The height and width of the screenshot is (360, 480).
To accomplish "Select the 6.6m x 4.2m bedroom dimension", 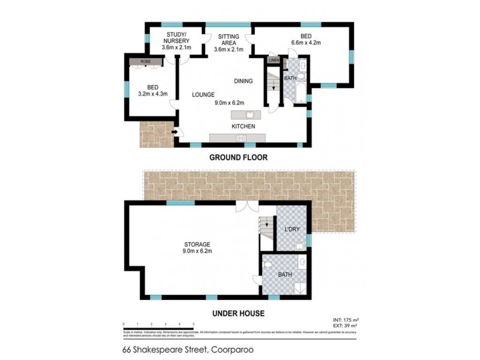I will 307,43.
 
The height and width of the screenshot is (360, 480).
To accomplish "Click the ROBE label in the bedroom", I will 145,62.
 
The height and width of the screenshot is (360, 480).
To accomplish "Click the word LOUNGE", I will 203,95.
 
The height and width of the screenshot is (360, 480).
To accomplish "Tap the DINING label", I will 243,81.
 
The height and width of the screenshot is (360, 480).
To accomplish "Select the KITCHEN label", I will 243,127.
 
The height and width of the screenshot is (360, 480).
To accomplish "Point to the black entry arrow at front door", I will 175,131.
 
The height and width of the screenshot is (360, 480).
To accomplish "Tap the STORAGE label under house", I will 197,244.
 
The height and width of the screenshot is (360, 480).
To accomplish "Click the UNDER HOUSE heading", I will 238,313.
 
